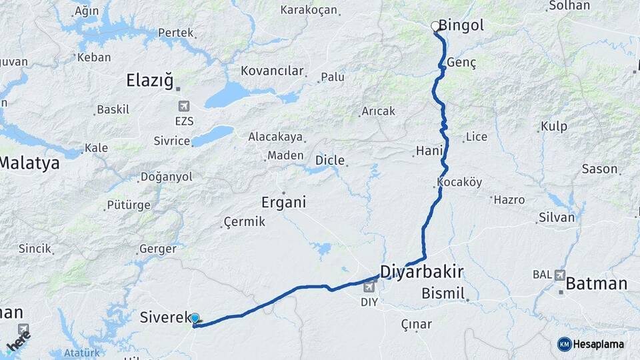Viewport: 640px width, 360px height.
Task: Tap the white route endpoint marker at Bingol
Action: tap(435, 27)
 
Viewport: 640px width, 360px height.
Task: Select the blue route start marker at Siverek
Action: tap(195, 319)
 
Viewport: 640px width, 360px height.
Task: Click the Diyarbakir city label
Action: tap(421, 271)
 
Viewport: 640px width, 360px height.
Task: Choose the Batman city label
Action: tap(596, 284)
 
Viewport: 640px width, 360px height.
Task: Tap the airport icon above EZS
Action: tap(184, 106)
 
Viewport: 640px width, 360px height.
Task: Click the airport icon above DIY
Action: tap(370, 287)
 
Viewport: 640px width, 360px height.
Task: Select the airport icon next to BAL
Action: tap(559, 275)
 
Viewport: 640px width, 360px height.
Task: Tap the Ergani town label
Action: tap(284, 202)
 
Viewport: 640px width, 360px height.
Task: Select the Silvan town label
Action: tap(556, 217)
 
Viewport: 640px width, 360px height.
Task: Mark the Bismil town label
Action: tap(443, 293)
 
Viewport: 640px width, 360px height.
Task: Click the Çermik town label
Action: tap(245, 221)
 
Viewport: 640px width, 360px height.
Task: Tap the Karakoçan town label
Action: tap(309, 10)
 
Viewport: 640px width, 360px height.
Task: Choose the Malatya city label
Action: tap(29, 162)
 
